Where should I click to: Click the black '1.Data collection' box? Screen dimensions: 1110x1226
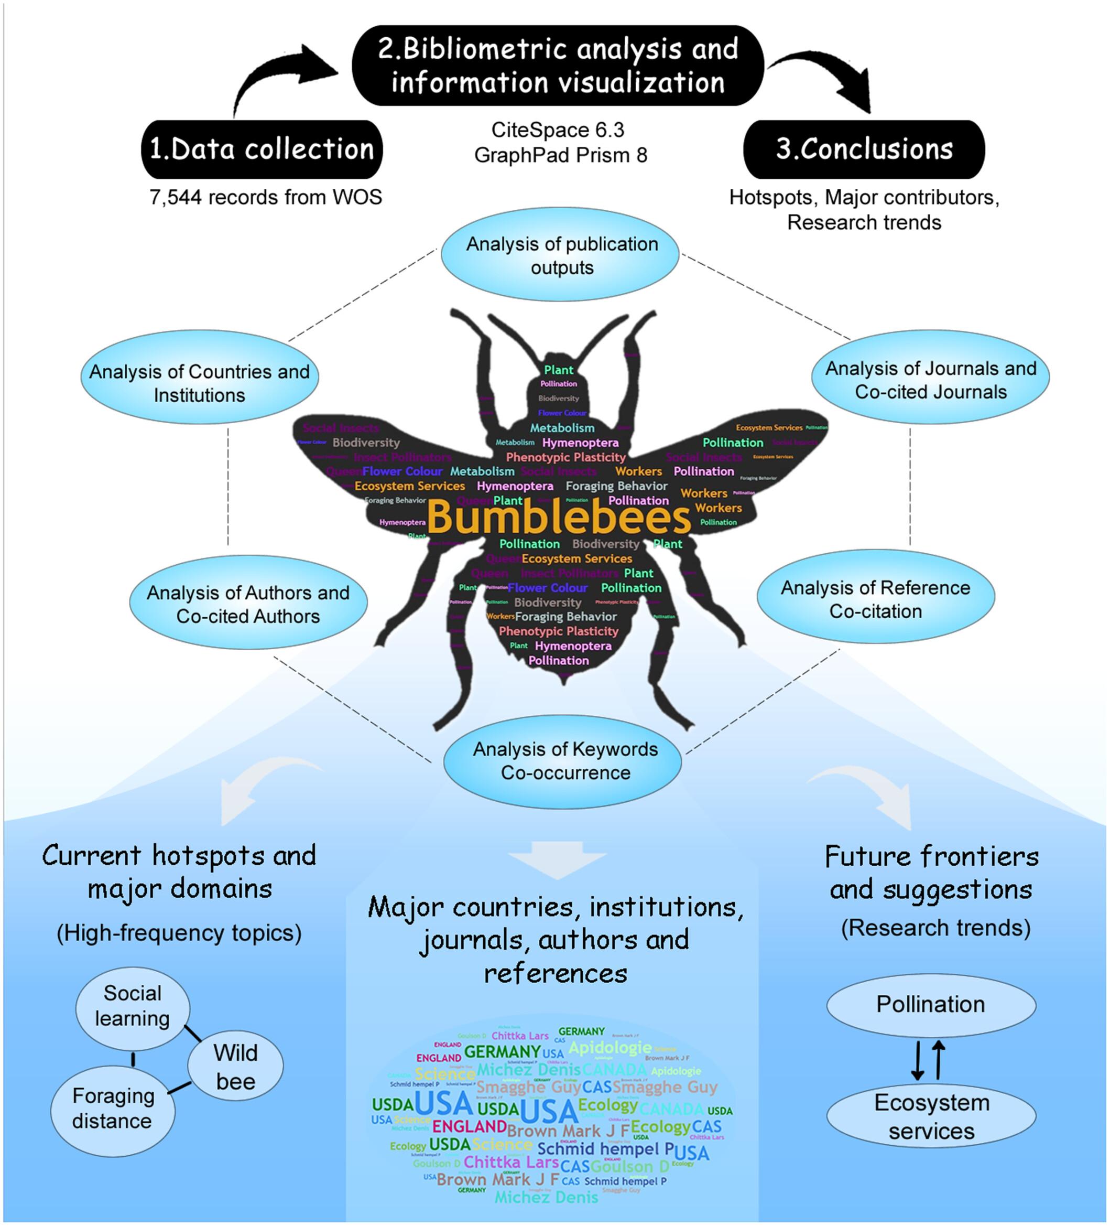[262, 149]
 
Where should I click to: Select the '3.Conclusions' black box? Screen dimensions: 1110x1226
[863, 149]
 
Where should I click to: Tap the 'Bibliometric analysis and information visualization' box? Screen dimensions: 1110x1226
[558, 66]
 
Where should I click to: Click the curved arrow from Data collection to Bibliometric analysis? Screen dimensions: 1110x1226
[274, 79]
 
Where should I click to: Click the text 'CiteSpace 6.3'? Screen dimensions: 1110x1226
[558, 130]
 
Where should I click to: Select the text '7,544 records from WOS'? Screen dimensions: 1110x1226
[266, 197]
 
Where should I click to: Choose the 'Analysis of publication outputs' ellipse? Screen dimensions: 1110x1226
[560, 255]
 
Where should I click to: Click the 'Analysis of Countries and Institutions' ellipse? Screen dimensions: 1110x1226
[199, 383]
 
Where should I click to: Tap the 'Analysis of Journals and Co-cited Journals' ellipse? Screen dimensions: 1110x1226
[930, 380]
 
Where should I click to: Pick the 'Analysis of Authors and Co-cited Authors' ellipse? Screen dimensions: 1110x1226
[248, 604]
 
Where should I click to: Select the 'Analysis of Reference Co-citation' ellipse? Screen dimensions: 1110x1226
[875, 599]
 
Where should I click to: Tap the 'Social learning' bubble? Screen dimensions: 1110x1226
[133, 1006]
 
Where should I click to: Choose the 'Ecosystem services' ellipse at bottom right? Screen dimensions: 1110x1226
[931, 1116]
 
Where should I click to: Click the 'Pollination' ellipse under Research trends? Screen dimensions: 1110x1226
[930, 1004]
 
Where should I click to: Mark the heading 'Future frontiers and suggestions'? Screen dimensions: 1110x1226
[931, 873]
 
